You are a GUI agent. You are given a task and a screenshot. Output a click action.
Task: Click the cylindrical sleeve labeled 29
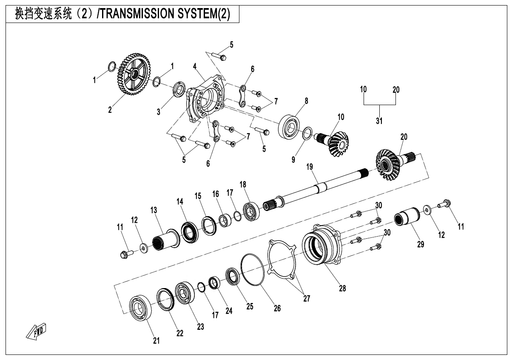coord(408,218)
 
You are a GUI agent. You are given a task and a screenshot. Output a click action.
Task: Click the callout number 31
coord(379,121)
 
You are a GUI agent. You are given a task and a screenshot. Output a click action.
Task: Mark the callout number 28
coord(342,288)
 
